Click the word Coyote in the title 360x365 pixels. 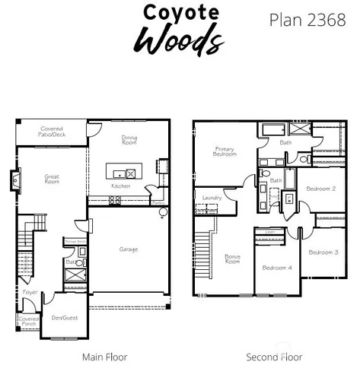(x=181, y=13)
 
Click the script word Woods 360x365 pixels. (x=180, y=37)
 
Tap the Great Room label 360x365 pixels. (x=52, y=179)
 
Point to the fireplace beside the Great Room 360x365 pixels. (x=14, y=181)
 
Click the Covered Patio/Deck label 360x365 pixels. (x=53, y=132)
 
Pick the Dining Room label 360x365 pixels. (x=129, y=140)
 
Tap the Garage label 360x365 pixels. (x=128, y=249)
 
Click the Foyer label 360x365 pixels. (x=30, y=291)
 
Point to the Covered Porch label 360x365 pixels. (x=27, y=321)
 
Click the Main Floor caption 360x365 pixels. (x=104, y=357)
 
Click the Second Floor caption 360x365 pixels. (x=274, y=357)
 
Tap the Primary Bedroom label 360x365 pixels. (x=225, y=151)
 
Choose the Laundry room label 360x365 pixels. (x=212, y=198)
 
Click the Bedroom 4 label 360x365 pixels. (x=276, y=268)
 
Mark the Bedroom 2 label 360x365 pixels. (x=321, y=188)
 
